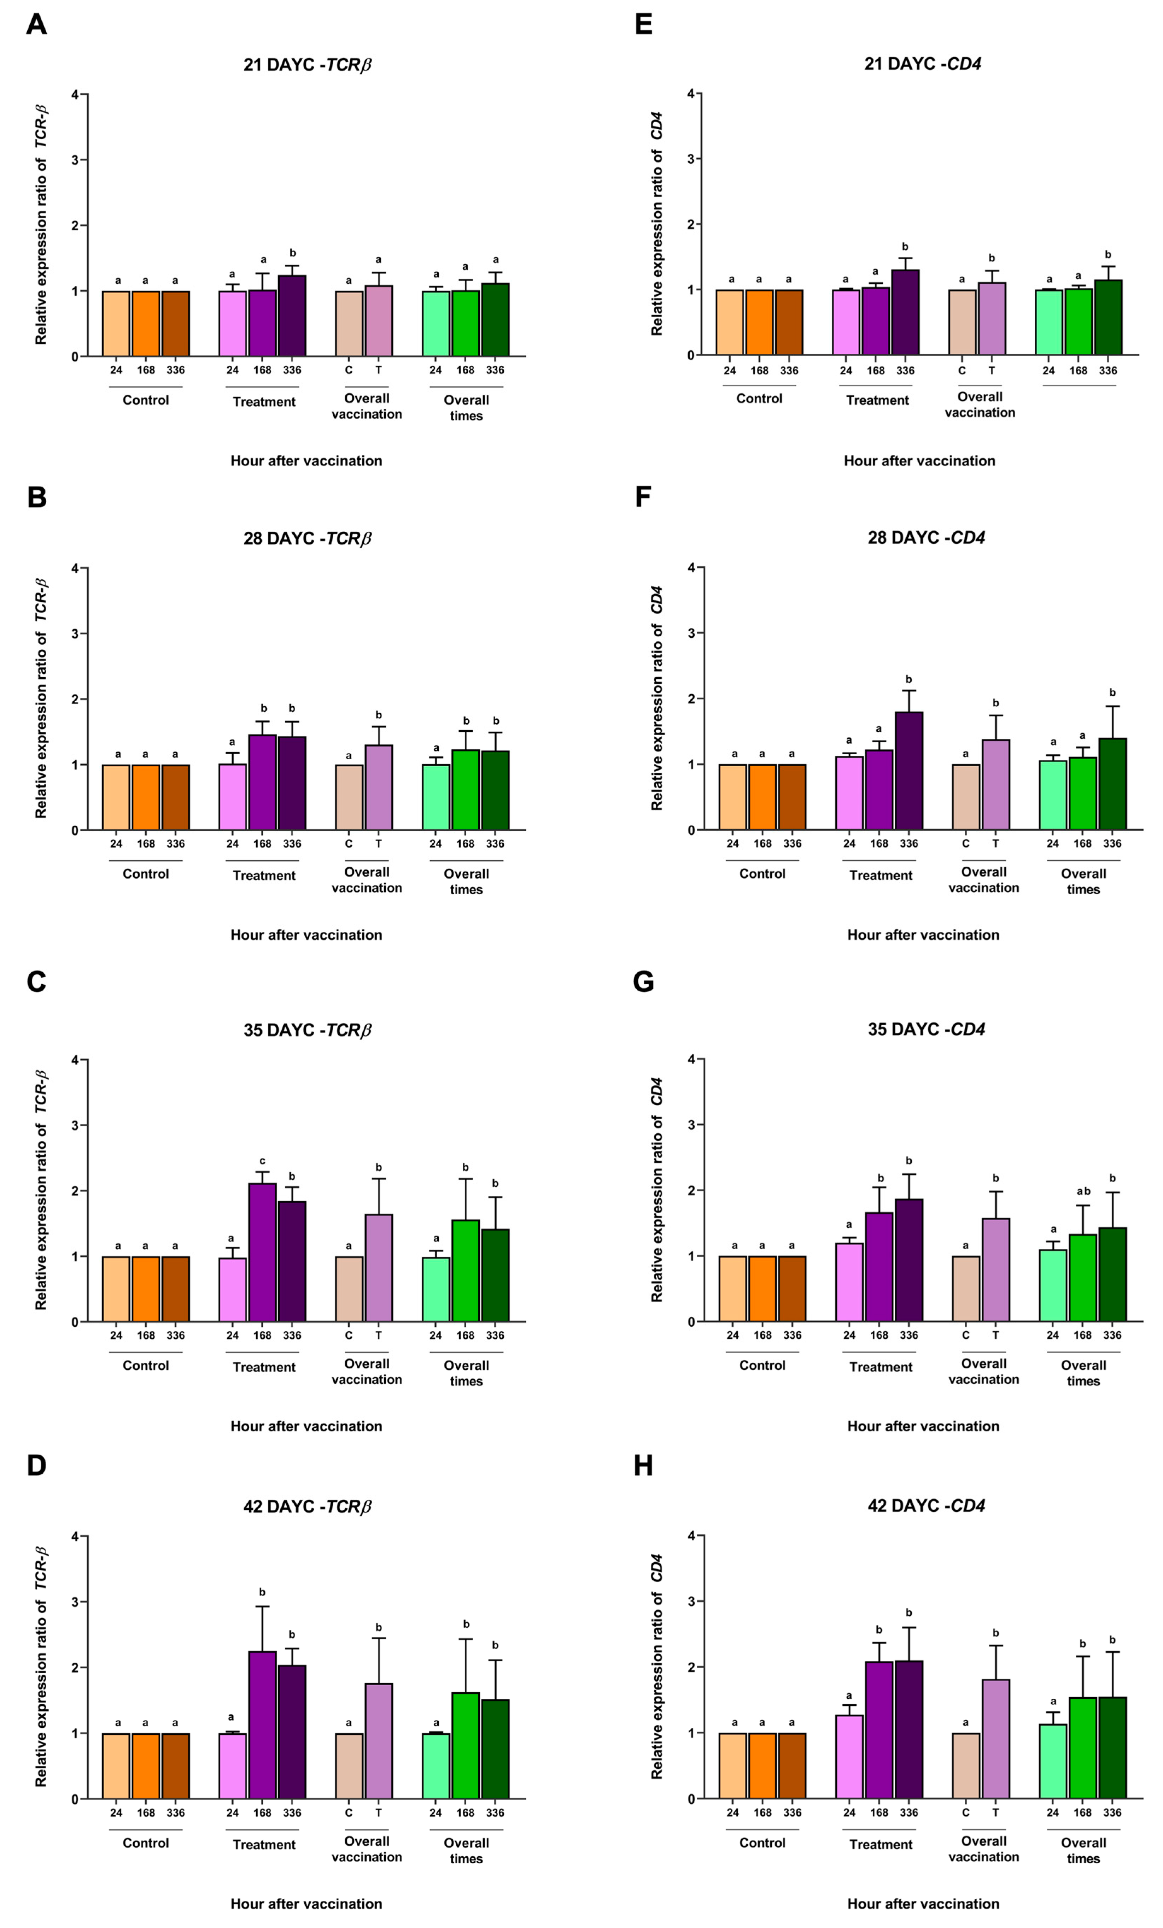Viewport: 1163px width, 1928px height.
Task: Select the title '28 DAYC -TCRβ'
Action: [x=307, y=538]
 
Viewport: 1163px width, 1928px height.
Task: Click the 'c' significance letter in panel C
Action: [x=262, y=1161]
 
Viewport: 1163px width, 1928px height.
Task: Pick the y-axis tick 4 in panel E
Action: [x=691, y=94]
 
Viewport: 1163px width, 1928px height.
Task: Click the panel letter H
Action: [x=643, y=1466]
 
